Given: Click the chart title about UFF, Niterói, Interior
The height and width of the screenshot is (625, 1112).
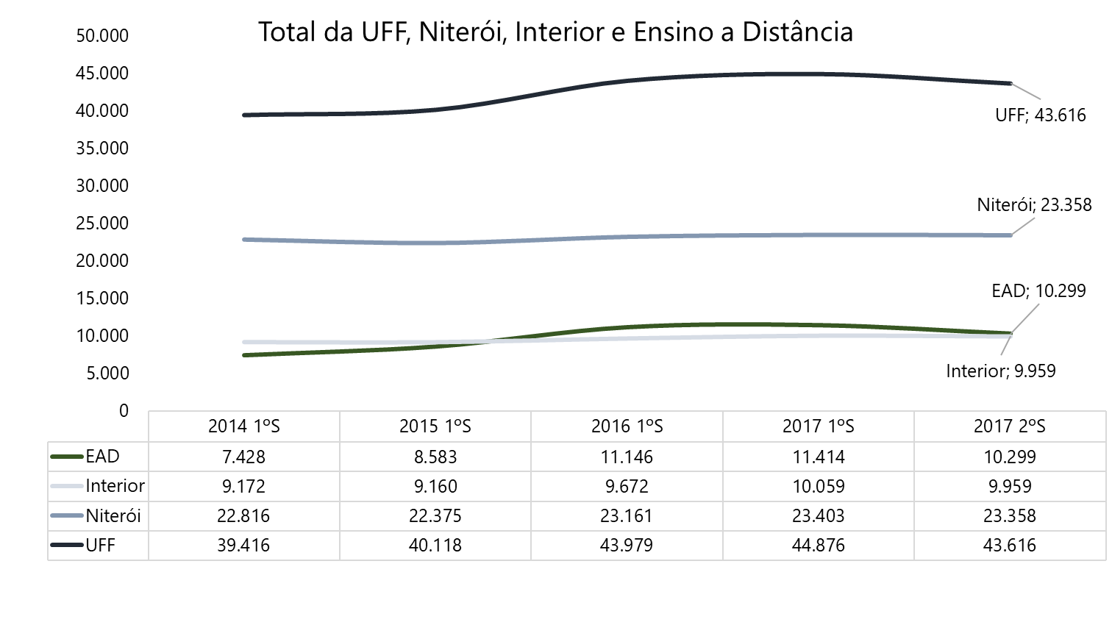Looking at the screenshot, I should pyautogui.click(x=555, y=32).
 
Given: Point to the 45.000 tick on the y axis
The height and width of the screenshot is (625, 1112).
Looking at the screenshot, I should pyautogui.click(x=102, y=74).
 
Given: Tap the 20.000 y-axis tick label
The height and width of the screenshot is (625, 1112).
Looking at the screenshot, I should pyautogui.click(x=102, y=261).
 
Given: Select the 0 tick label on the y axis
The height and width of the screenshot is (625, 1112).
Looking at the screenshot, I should pyautogui.click(x=124, y=411).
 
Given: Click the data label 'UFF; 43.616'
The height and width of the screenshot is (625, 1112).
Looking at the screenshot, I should pyautogui.click(x=1040, y=115).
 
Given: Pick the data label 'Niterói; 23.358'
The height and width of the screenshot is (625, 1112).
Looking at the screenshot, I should pyautogui.click(x=1034, y=205).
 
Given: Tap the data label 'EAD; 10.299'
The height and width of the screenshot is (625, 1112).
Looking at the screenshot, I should pyautogui.click(x=1038, y=291).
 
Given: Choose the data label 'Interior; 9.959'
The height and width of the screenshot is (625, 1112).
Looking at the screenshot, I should pyautogui.click(x=1000, y=371).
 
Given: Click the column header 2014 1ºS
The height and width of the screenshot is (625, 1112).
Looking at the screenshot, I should pyautogui.click(x=244, y=426).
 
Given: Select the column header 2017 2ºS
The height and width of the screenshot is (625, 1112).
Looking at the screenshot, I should pyautogui.click(x=1010, y=426).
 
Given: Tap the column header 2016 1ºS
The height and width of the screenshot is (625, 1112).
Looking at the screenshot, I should pyautogui.click(x=627, y=426).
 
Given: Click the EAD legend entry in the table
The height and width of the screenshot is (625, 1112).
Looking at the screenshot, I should pyautogui.click(x=102, y=457).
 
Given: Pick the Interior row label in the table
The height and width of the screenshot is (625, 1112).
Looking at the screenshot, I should pyautogui.click(x=115, y=486).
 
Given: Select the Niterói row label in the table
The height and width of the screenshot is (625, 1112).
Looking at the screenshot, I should pyautogui.click(x=113, y=516).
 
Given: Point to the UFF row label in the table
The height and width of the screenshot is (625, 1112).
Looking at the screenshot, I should pyautogui.click(x=101, y=546).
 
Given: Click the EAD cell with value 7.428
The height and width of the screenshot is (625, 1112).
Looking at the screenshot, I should pyautogui.click(x=244, y=457).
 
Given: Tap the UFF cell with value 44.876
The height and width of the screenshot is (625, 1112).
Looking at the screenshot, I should pyautogui.click(x=819, y=546).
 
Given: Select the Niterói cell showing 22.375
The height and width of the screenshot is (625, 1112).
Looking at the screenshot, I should pyautogui.click(x=435, y=516).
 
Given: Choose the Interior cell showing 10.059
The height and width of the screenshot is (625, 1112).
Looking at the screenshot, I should pyautogui.click(x=819, y=486).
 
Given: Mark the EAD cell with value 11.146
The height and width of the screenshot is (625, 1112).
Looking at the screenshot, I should pyautogui.click(x=627, y=457).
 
